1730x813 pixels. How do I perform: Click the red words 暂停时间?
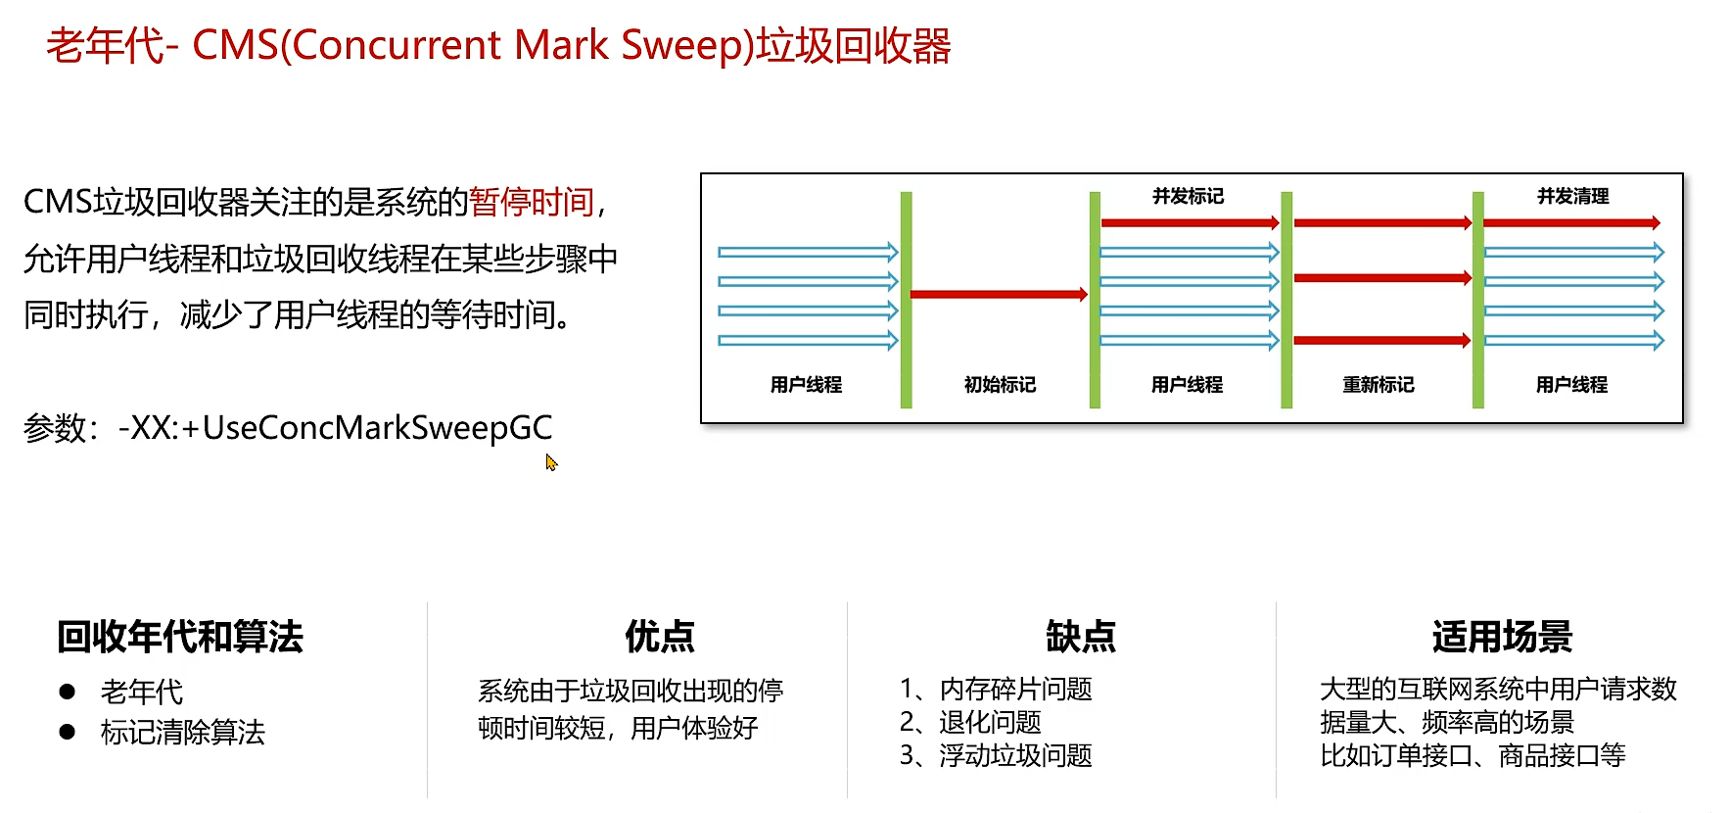532,202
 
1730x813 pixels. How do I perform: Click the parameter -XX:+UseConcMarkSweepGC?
335,428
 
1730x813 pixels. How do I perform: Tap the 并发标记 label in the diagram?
1188,196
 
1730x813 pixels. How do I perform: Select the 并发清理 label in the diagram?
1572,196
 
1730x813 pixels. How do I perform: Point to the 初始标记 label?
1000,385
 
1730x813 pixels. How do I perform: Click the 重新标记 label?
1378,385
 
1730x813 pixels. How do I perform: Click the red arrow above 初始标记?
998,294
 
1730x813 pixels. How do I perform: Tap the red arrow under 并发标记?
1189,223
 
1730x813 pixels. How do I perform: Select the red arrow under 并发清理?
1570,223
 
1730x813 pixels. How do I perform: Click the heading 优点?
660,637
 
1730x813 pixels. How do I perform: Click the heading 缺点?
1081,637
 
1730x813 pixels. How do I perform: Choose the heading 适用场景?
1502,637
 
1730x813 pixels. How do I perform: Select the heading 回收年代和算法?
180,637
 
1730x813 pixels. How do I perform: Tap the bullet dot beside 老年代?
67,692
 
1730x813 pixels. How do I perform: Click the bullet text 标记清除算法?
182,732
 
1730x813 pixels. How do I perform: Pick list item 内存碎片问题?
1015,689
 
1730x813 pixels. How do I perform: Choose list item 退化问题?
990,722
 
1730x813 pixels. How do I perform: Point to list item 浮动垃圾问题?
1015,755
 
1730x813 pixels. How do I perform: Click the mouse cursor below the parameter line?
551,462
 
